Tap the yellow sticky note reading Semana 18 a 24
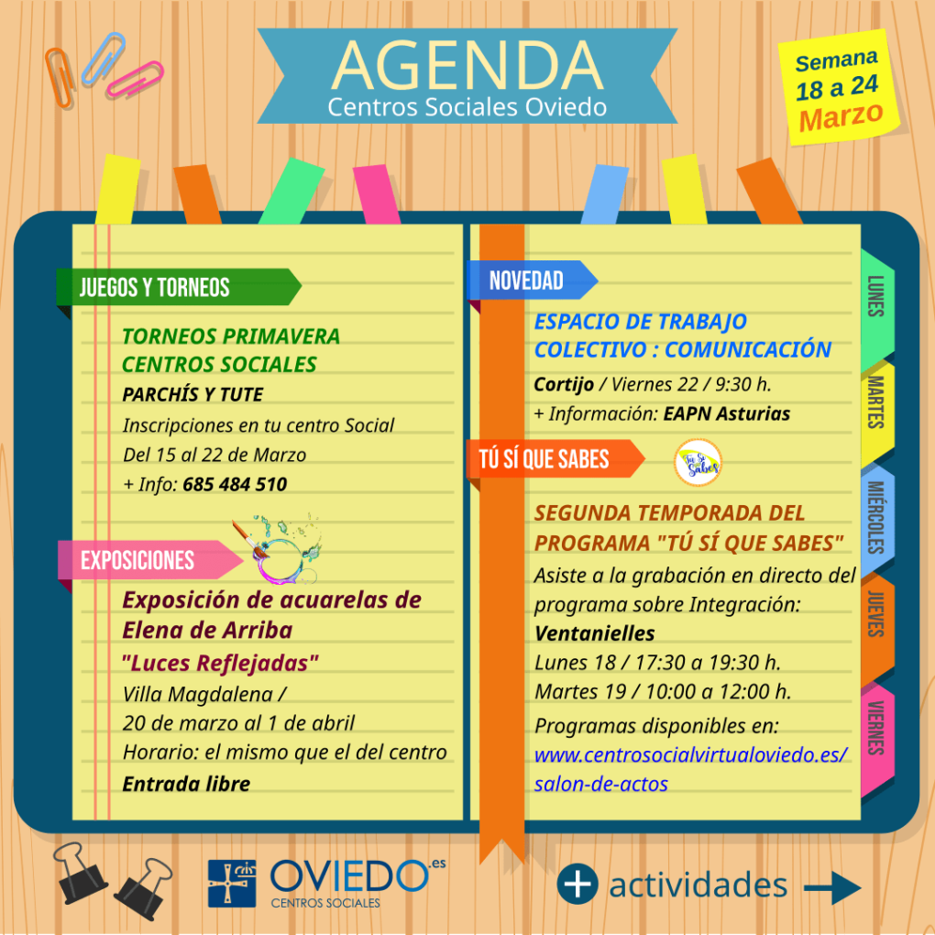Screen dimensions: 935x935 [840, 87]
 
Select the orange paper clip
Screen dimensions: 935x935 [60, 78]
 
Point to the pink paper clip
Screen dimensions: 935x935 [135, 79]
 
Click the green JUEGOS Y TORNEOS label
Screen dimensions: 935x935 [179, 288]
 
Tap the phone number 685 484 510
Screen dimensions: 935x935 [235, 484]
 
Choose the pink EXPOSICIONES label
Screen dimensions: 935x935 [150, 560]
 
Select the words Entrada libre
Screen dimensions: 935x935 [186, 784]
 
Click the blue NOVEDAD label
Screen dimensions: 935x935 [532, 280]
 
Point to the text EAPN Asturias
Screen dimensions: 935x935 [726, 413]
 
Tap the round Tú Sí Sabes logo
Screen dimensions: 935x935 [698, 463]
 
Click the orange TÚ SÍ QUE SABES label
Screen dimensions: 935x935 [555, 459]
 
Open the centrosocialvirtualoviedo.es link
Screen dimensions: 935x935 [690, 769]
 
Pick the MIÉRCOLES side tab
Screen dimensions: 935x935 [877, 518]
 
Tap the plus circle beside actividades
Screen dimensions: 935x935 [577, 884]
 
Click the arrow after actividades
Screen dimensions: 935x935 [832, 888]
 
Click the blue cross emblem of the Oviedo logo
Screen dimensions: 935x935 [232, 884]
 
